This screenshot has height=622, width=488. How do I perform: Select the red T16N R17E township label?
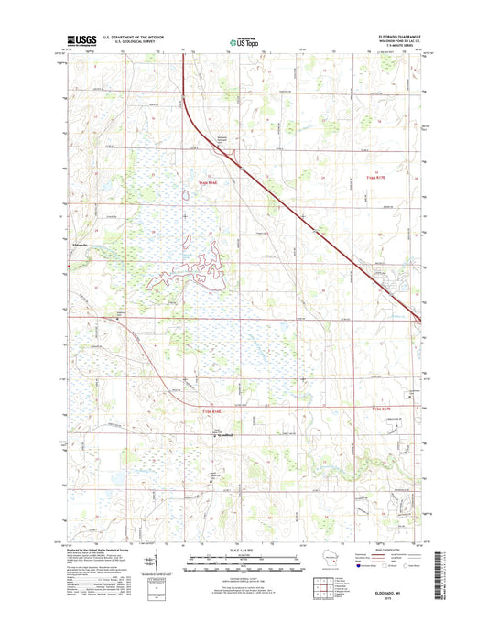pos(377,177)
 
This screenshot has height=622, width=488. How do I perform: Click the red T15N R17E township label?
pos(377,409)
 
